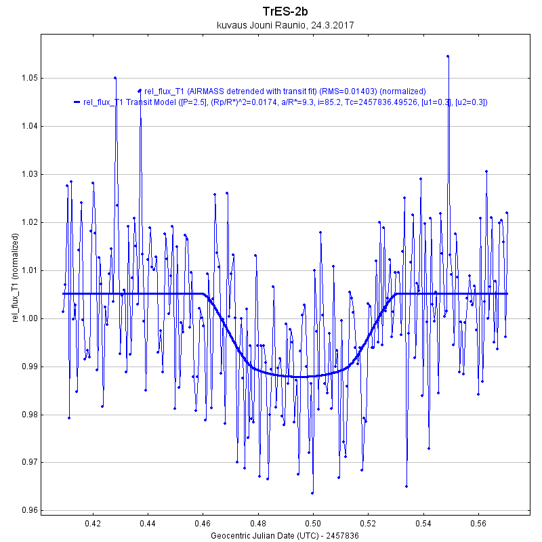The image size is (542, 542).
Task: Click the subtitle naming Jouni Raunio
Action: point(285,25)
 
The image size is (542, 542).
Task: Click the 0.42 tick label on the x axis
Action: point(93,524)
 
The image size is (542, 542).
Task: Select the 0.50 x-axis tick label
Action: point(313,524)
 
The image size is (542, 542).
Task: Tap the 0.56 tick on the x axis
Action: point(478,524)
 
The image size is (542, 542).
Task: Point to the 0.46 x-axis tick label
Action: point(203,524)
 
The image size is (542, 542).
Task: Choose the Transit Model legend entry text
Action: point(285,102)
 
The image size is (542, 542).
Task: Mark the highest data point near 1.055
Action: point(448,56)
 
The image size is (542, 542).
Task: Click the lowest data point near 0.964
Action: point(312,493)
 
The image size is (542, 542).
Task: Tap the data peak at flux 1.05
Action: point(115,78)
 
